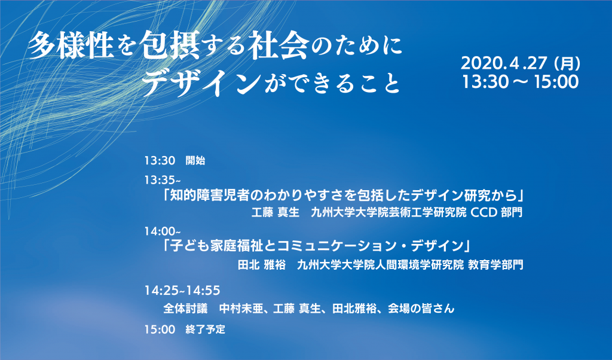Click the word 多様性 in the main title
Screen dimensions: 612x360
(x=72, y=45)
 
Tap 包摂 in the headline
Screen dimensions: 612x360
(x=171, y=45)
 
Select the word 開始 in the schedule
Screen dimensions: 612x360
(x=195, y=161)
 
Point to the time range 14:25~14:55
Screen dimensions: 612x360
(x=182, y=291)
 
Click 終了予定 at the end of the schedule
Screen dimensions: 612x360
(x=206, y=330)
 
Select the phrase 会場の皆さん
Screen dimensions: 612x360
(x=421, y=309)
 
